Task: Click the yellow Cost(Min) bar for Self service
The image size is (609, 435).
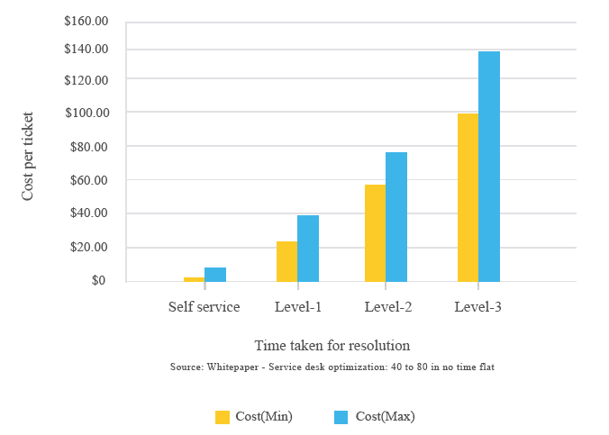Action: pos(195,279)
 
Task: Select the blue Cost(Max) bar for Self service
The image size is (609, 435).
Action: pos(215,275)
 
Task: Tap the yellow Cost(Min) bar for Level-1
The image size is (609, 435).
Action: pos(287,261)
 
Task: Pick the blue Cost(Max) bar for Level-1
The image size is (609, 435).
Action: pos(308,249)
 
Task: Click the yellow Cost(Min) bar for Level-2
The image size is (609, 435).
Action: pos(375,233)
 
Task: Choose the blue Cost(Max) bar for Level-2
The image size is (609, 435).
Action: pos(396,217)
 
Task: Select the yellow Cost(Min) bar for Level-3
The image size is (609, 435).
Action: pos(468,198)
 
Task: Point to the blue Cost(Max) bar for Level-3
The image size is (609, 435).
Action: pos(489,167)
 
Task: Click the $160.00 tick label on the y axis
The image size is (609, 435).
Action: pos(86,21)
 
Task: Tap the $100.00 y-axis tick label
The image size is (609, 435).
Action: pos(87,113)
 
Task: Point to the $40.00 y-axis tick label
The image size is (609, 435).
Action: pos(89,213)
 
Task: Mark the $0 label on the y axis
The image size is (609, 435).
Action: pos(99,280)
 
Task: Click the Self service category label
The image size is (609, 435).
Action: pos(205,307)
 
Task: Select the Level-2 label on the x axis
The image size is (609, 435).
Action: pos(388,307)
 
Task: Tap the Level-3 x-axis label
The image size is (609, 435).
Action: pos(478,307)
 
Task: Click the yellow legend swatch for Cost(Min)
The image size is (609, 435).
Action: pos(223,417)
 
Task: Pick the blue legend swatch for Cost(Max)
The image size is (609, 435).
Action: pos(341,417)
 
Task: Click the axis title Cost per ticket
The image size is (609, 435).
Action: pos(28,156)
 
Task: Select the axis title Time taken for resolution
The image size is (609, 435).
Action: pos(332,345)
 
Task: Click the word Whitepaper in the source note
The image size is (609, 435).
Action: pos(232,367)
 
